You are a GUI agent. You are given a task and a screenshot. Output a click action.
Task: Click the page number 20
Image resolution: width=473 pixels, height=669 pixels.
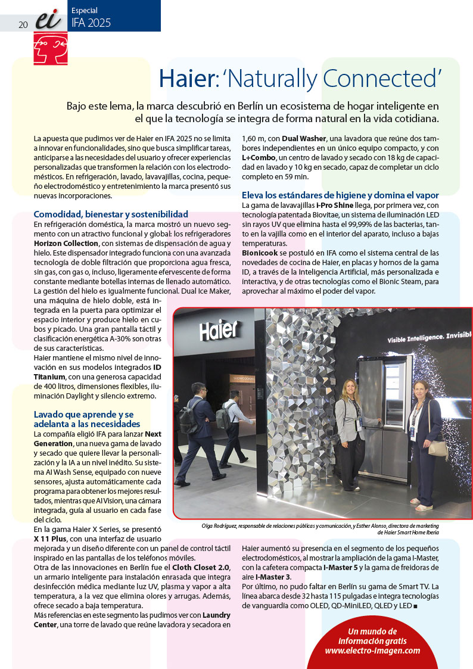[x=23, y=24]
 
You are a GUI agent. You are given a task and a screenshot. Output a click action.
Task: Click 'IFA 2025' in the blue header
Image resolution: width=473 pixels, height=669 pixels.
[x=91, y=23]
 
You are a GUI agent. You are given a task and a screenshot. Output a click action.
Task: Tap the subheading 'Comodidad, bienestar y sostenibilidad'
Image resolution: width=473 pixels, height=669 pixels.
[x=111, y=214]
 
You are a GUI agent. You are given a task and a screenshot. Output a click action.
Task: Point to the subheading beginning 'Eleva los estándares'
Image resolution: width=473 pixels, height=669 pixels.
[x=340, y=195]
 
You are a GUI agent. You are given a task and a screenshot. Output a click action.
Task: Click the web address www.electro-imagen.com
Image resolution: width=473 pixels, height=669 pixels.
[x=372, y=651]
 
